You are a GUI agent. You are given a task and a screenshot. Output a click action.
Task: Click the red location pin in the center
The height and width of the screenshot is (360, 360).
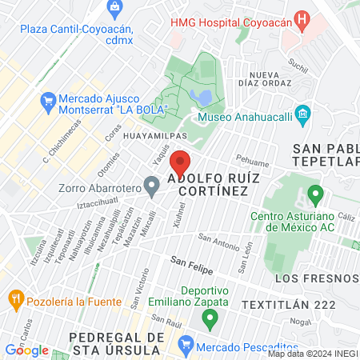pos(178,163)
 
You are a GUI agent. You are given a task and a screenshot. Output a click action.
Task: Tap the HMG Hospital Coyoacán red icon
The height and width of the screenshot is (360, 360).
pos(302,18)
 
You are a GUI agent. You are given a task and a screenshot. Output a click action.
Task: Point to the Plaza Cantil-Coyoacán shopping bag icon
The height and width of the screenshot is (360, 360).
pos(115,8)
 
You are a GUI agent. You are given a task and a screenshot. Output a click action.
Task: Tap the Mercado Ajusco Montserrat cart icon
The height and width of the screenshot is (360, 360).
pos(46,101)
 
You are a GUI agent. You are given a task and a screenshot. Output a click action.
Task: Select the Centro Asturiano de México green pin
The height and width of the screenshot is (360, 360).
pos(315,194)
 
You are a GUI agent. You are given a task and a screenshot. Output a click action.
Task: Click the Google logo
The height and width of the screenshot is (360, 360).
pos(26,350)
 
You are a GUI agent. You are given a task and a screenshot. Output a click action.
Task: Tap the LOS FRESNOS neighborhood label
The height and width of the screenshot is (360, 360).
pos(316,278)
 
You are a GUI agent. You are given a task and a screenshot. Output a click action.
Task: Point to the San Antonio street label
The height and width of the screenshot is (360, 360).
pos(218,238)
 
